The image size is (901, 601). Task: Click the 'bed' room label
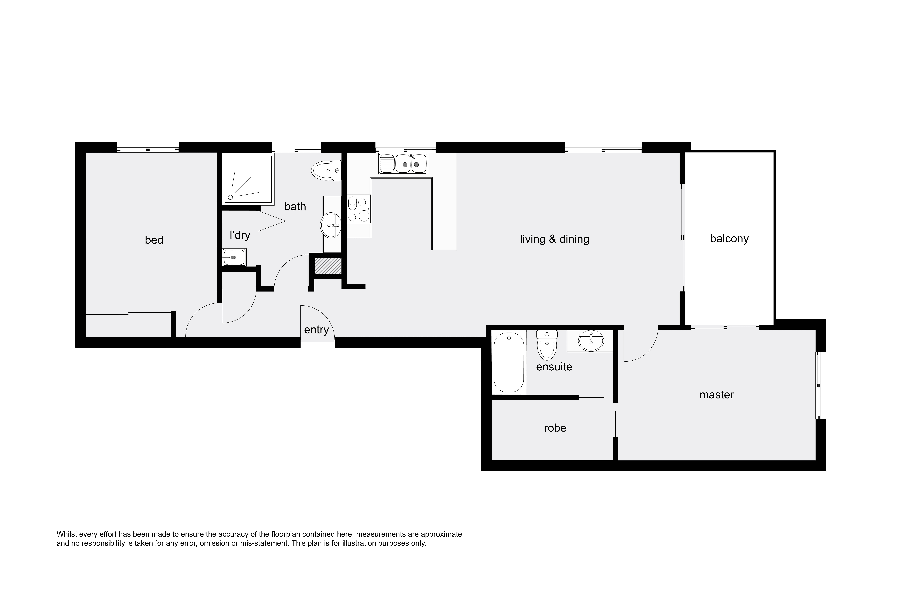point(154,240)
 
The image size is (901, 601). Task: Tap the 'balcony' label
point(729,239)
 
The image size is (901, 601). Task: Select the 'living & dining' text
point(554,239)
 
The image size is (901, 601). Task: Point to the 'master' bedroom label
point(716,395)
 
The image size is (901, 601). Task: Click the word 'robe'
point(555,428)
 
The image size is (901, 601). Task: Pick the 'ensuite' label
point(554,367)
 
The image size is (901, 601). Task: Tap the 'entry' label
point(316,330)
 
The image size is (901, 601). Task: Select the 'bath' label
point(295,207)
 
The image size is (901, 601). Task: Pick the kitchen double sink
point(403,163)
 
